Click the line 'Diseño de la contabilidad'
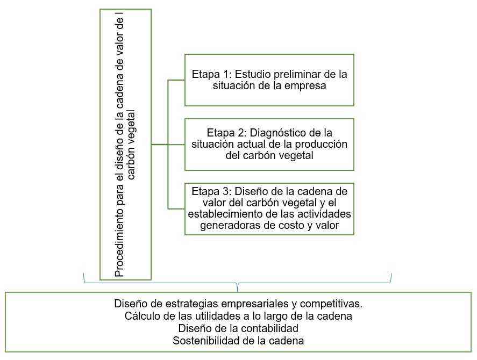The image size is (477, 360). [238, 328]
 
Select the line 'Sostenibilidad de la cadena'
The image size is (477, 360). [238, 340]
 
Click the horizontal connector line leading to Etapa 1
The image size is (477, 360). [176, 80]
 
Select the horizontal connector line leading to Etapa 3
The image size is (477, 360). [176, 208]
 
